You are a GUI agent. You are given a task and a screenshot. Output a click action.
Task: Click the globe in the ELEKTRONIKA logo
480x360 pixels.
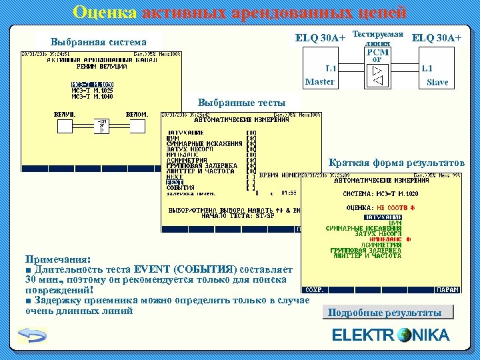pos(404,335)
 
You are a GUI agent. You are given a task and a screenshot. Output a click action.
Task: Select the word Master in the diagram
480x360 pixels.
pos(320,82)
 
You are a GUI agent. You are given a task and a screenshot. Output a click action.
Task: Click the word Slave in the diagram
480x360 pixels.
pos(437,83)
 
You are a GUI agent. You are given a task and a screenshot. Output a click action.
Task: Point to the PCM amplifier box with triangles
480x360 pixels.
pos(377,73)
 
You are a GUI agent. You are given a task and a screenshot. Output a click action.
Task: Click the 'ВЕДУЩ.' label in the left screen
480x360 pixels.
pos(65,114)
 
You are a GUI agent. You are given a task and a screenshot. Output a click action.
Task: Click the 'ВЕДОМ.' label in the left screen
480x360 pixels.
pos(137,114)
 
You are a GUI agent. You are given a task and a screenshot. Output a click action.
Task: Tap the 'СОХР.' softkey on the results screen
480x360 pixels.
pos(314,290)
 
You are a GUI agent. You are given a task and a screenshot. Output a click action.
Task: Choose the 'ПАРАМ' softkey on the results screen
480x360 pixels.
pos(448,290)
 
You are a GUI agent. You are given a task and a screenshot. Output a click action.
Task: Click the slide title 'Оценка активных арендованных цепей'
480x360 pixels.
pos(239,12)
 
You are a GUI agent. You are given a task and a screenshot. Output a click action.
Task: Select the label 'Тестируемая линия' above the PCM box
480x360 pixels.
pos(377,37)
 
